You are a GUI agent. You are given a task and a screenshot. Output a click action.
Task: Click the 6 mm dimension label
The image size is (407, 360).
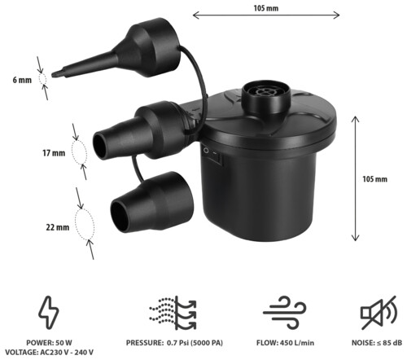click(22, 80)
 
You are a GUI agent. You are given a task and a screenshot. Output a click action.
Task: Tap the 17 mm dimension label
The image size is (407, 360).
click(54, 153)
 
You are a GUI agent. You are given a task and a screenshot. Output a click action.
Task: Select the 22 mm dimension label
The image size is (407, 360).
click(58, 227)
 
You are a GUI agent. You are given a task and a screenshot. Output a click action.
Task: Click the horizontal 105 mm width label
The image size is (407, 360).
click(266, 8)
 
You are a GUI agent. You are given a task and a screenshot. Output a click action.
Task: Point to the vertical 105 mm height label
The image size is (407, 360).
click(374, 179)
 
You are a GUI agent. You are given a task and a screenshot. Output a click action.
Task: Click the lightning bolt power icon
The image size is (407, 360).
click(49, 312)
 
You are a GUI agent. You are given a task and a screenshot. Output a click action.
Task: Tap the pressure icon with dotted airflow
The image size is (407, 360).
click(173, 313)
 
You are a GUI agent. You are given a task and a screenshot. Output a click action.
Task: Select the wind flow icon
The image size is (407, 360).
click(285, 312)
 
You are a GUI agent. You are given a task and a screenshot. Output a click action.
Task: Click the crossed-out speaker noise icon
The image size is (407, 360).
click(379, 313)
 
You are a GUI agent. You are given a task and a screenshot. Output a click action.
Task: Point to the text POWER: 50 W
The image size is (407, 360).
click(49, 343)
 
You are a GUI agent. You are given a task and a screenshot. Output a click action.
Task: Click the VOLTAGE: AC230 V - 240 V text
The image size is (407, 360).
click(49, 353)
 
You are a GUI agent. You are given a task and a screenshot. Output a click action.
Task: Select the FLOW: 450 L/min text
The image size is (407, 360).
click(285, 343)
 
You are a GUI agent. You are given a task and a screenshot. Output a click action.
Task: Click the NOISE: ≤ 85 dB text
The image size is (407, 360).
click(377, 343)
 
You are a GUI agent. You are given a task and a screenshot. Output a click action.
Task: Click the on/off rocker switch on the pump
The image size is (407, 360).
click(212, 156)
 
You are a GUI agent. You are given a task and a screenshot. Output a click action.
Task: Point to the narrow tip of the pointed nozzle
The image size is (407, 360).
click(53, 74)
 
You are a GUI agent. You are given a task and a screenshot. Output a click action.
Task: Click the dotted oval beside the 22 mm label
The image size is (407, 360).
click(85, 225)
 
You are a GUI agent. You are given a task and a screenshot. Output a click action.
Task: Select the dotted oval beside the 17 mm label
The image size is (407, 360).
click(79, 152)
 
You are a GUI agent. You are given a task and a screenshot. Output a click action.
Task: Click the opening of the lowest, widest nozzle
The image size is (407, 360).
click(120, 217)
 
